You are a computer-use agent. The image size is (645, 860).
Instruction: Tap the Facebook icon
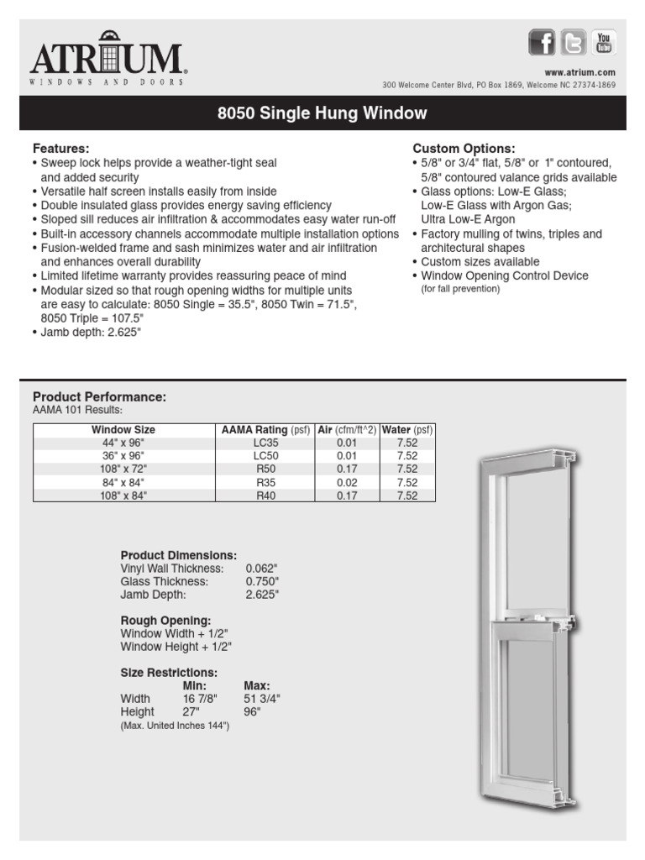542,42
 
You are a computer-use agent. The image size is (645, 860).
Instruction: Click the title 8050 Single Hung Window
322,113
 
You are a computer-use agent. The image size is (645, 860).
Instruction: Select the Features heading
60,148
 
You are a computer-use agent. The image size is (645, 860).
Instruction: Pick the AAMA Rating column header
265,430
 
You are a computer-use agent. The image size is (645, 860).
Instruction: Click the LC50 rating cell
265,456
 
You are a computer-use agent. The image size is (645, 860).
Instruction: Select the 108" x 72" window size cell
123,469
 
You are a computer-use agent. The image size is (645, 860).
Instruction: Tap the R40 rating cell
265,495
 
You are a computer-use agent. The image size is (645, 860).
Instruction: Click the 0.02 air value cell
348,482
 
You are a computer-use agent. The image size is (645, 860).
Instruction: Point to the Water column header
407,430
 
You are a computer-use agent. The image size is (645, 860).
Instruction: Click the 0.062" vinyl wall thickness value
261,569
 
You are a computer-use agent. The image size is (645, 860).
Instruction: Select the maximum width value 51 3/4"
262,699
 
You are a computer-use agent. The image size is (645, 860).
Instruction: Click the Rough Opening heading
165,621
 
